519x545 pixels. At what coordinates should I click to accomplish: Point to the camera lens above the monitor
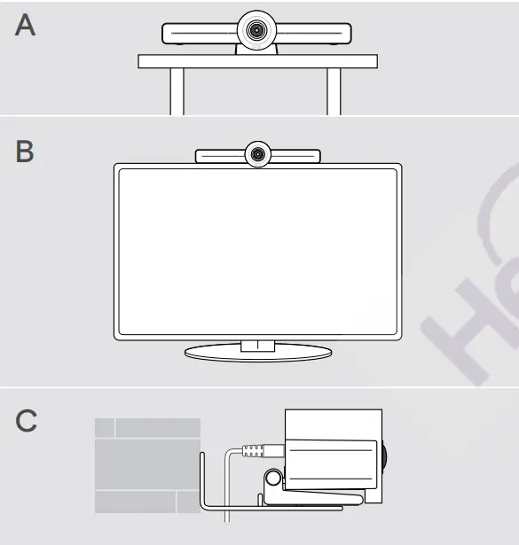click(258, 154)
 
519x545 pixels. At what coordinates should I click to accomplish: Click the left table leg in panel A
click(177, 91)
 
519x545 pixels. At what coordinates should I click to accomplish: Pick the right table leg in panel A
click(334, 91)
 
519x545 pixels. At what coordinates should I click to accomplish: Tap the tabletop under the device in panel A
click(257, 61)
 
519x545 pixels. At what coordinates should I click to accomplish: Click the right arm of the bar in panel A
click(317, 34)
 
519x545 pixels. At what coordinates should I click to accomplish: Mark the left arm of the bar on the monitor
click(219, 155)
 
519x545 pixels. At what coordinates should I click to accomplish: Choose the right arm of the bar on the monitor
click(297, 155)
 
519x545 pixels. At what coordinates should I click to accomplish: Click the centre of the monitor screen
click(257, 251)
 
